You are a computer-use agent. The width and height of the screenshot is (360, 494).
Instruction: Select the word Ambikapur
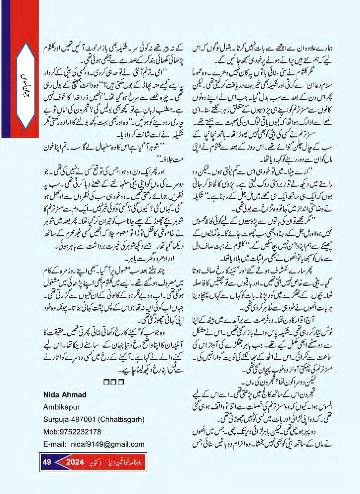pyautogui.click(x=61, y=406)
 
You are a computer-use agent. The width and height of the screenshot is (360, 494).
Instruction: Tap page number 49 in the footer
pyautogui.click(x=48, y=462)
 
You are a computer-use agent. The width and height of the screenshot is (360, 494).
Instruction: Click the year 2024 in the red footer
pyautogui.click(x=75, y=462)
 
